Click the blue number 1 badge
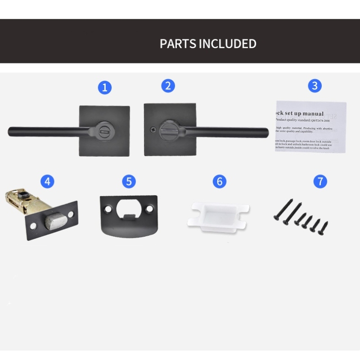click(x=104, y=87)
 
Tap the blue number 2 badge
click(x=168, y=85)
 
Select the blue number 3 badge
click(x=315, y=85)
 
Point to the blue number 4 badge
click(x=47, y=181)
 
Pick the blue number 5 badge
click(x=129, y=181)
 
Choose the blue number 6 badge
click(x=219, y=181)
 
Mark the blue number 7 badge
click(x=320, y=181)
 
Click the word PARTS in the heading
click(x=178, y=44)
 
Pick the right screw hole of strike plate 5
click(x=149, y=209)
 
